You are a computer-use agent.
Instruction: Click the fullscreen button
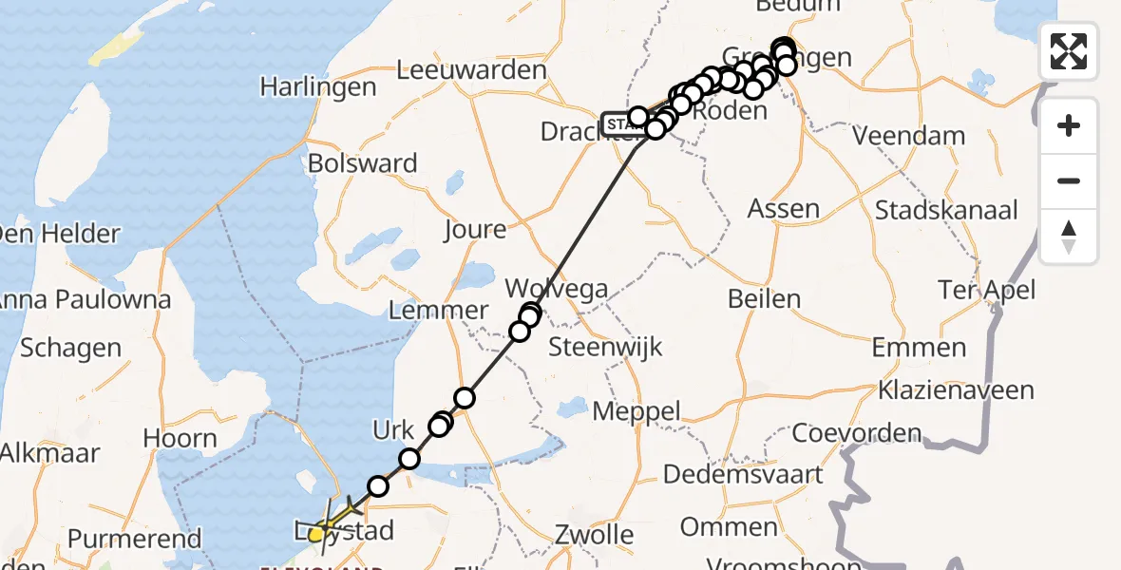pyautogui.click(x=1069, y=50)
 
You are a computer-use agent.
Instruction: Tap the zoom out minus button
pyautogui.click(x=1069, y=180)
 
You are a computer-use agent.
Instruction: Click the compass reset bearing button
pyautogui.click(x=1069, y=237)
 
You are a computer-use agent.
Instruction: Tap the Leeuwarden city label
pyautogui.click(x=471, y=69)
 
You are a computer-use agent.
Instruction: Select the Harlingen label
pyautogui.click(x=318, y=87)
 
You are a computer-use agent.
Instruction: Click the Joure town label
pyautogui.click(x=475, y=229)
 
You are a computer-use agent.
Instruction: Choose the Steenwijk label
pyautogui.click(x=606, y=346)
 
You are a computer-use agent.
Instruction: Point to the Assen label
pyautogui.click(x=783, y=209)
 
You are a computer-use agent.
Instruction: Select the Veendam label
pyautogui.click(x=908, y=136)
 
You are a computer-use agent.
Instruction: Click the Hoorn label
pyautogui.click(x=180, y=438)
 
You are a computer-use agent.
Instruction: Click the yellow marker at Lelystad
pyautogui.click(x=317, y=535)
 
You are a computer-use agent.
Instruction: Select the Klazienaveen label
pyautogui.click(x=956, y=390)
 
